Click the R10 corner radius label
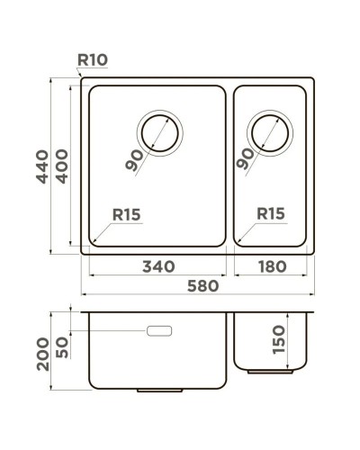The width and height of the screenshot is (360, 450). click(x=93, y=60)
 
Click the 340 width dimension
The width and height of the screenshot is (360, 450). click(x=157, y=267)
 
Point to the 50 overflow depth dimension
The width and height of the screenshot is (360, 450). click(x=62, y=346)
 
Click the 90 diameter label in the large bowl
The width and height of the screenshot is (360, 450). click(x=136, y=160)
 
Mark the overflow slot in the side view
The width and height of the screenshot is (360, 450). click(x=158, y=331)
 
